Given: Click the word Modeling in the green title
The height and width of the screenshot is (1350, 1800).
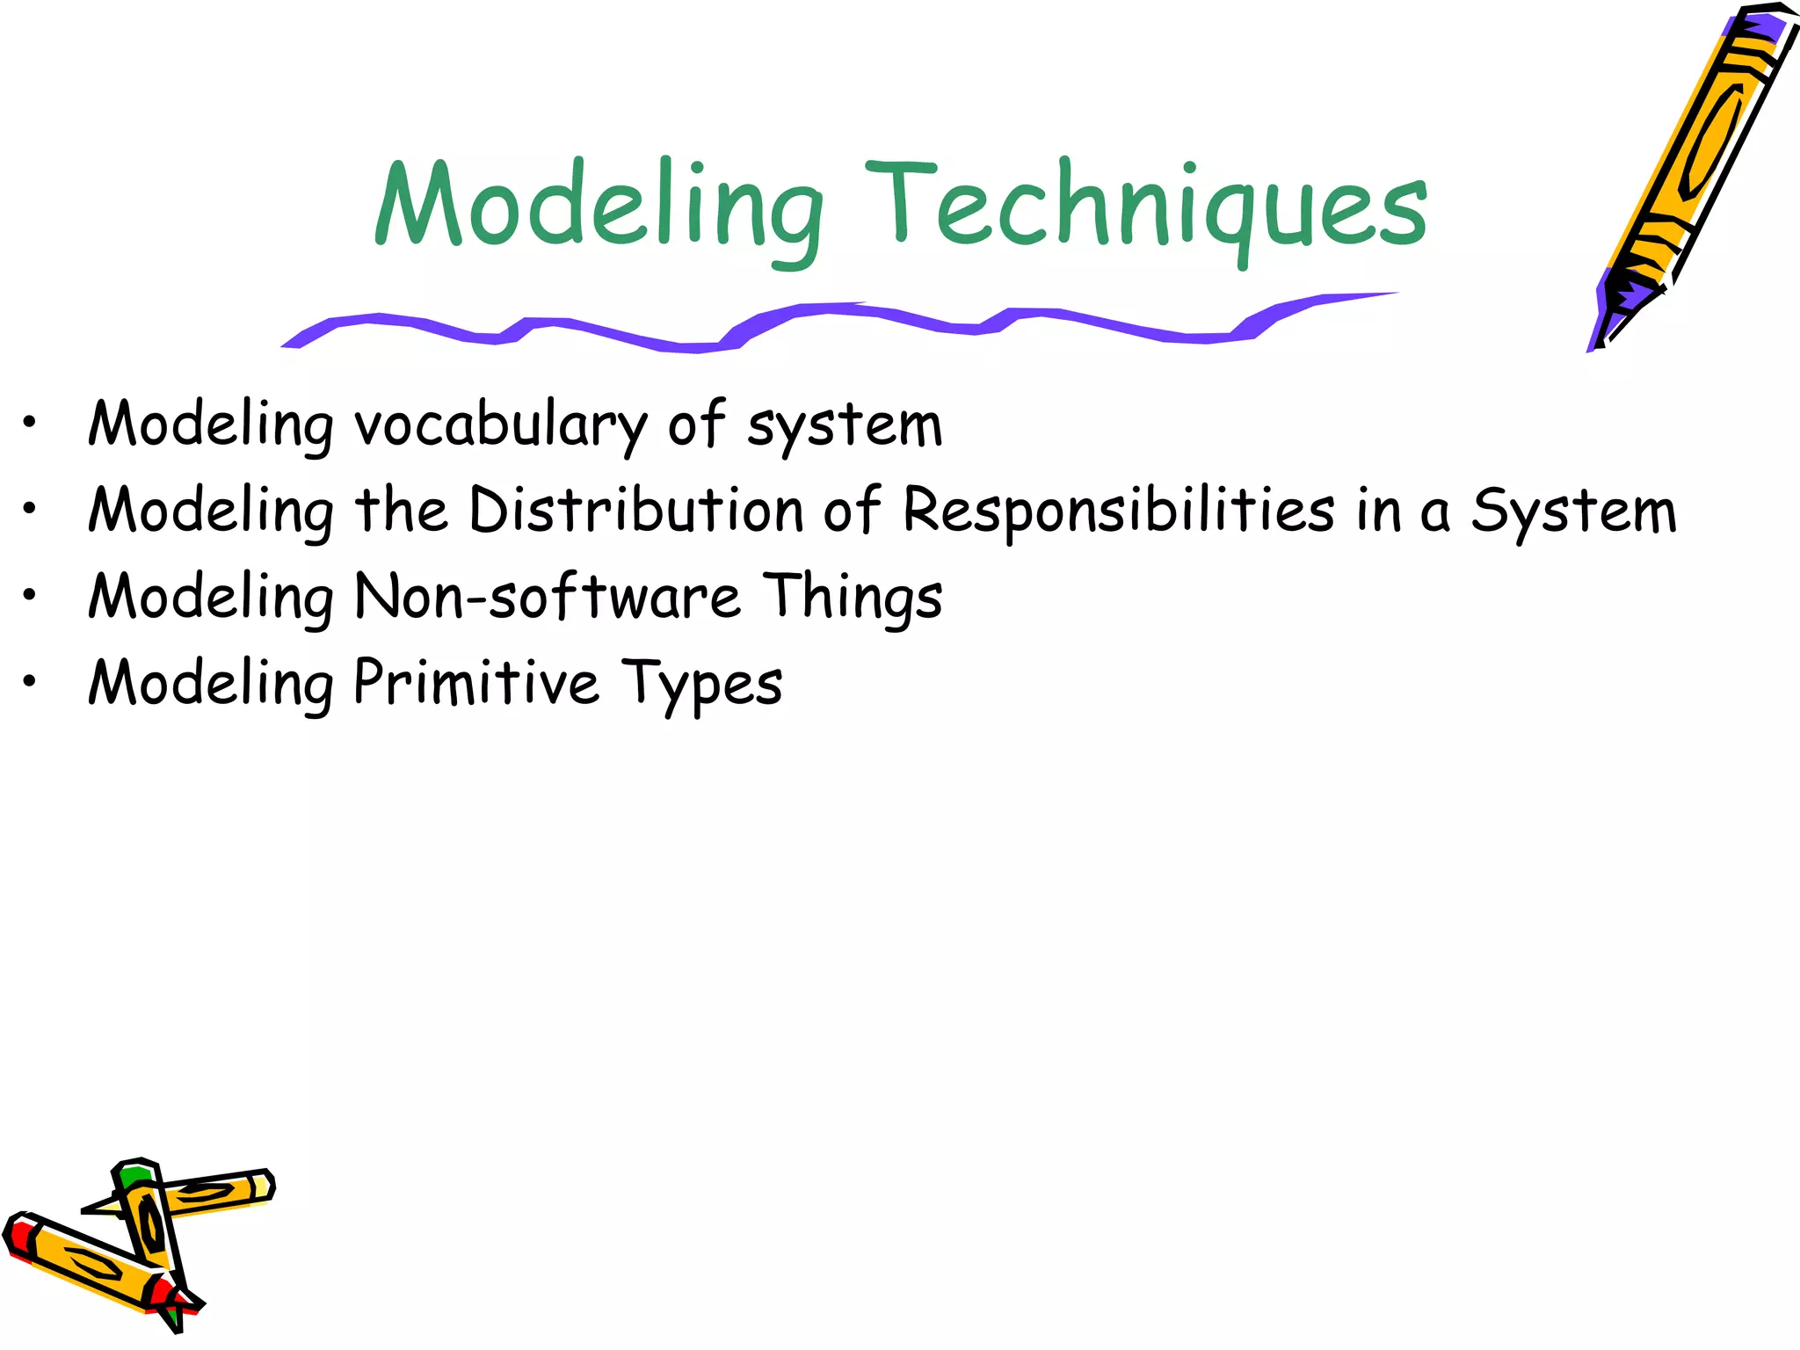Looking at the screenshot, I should [598, 207].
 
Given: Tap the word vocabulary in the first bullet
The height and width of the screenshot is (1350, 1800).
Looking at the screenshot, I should [501, 426].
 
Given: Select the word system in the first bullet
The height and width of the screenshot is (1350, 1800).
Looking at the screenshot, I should [845, 426].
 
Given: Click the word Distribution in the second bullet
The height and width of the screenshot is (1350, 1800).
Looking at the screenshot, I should [636, 511].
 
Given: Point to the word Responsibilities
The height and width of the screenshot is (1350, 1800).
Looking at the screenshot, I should [1118, 512].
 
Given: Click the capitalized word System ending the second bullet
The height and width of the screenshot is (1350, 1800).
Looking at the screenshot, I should [1574, 512].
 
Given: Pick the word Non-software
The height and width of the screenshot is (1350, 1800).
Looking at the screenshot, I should [548, 597].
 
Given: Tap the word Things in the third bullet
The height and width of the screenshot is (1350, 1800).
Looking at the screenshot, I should [852, 598].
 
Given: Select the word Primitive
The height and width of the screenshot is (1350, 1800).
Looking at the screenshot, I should [475, 683].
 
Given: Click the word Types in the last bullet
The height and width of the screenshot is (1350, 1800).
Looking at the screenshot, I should [701, 684].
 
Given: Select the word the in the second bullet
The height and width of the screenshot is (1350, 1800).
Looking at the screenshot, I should [401, 511].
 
